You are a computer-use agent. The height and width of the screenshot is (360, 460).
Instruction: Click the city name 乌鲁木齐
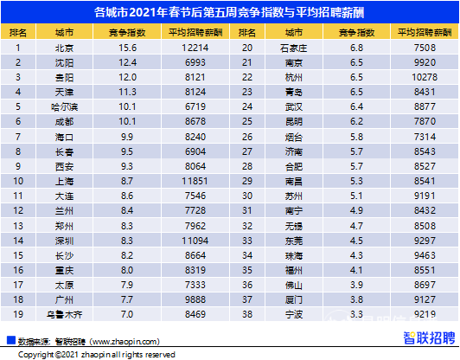[x=63, y=315]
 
